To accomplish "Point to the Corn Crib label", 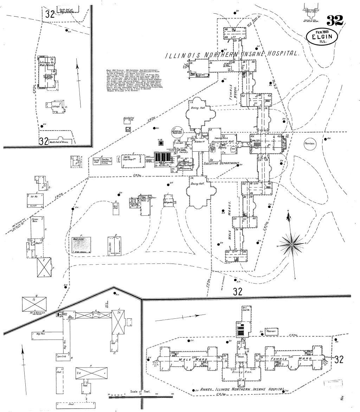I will (x=61, y=357).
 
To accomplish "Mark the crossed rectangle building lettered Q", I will (x=34, y=303).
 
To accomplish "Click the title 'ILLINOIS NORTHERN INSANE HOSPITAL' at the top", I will (x=232, y=55).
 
